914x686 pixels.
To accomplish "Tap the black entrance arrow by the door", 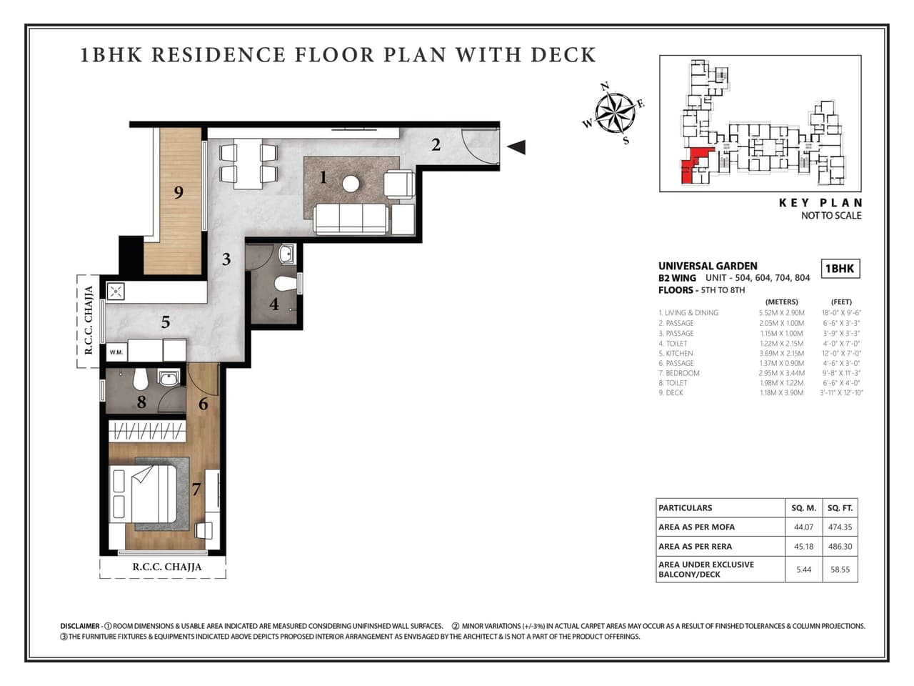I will [x=516, y=147].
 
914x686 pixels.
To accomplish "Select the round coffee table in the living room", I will [x=351, y=184].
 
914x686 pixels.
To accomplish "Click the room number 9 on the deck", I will [x=179, y=192].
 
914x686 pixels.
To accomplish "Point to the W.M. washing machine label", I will [x=116, y=352].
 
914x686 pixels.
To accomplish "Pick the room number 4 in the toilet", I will [x=274, y=304].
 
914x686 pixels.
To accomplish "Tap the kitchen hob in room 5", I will [x=116, y=291].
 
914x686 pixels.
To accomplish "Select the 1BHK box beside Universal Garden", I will [x=840, y=269].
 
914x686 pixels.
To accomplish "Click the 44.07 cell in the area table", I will [x=803, y=527].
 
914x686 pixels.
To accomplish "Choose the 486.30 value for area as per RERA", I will [x=840, y=547].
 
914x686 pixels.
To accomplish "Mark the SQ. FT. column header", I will [x=840, y=508].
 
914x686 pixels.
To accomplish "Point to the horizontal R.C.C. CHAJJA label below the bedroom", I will [x=167, y=567].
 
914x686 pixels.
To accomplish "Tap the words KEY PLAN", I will [x=820, y=203].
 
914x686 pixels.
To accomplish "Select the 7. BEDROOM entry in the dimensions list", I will [x=679, y=373].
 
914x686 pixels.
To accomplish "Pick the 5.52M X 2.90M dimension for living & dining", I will [x=781, y=313].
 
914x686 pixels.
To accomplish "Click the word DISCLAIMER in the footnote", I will [x=80, y=626].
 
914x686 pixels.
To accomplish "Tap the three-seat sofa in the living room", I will [x=351, y=219].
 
